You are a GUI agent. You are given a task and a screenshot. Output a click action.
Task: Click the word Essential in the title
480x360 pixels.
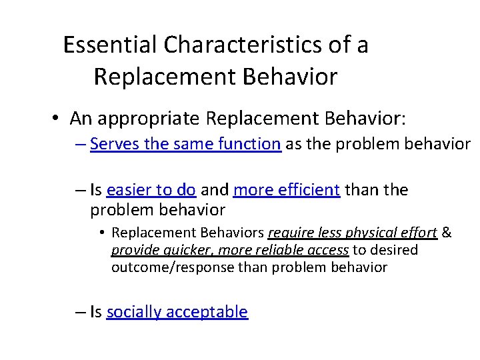click(110, 45)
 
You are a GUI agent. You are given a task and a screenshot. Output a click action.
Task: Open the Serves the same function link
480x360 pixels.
click(185, 144)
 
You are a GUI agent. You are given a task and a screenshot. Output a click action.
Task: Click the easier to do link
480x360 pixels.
click(151, 191)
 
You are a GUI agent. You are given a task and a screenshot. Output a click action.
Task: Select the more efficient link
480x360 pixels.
click(287, 191)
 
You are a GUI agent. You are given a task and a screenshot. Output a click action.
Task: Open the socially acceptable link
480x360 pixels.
click(177, 312)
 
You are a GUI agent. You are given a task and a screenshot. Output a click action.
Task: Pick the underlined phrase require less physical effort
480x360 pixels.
click(352, 233)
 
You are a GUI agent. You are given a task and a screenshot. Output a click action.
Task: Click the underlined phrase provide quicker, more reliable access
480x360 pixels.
click(230, 250)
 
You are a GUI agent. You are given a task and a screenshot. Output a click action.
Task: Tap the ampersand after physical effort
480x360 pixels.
click(447, 233)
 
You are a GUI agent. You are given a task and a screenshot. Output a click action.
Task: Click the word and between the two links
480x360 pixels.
click(214, 191)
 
